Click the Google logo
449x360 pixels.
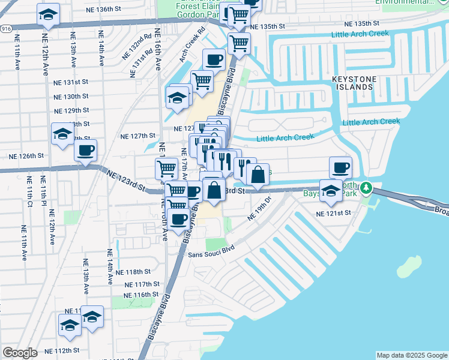pyautogui.click(x=20, y=353)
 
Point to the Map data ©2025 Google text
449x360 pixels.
pyautogui.click(x=412, y=355)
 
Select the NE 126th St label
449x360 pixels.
pyautogui.click(x=26, y=155)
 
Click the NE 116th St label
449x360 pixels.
pyautogui.click(x=140, y=295)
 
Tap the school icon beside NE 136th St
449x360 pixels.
pyautogui.click(x=47, y=14)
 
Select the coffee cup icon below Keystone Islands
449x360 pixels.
pyautogui.click(x=340, y=167)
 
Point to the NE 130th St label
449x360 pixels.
pyautogui.click(x=71, y=97)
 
